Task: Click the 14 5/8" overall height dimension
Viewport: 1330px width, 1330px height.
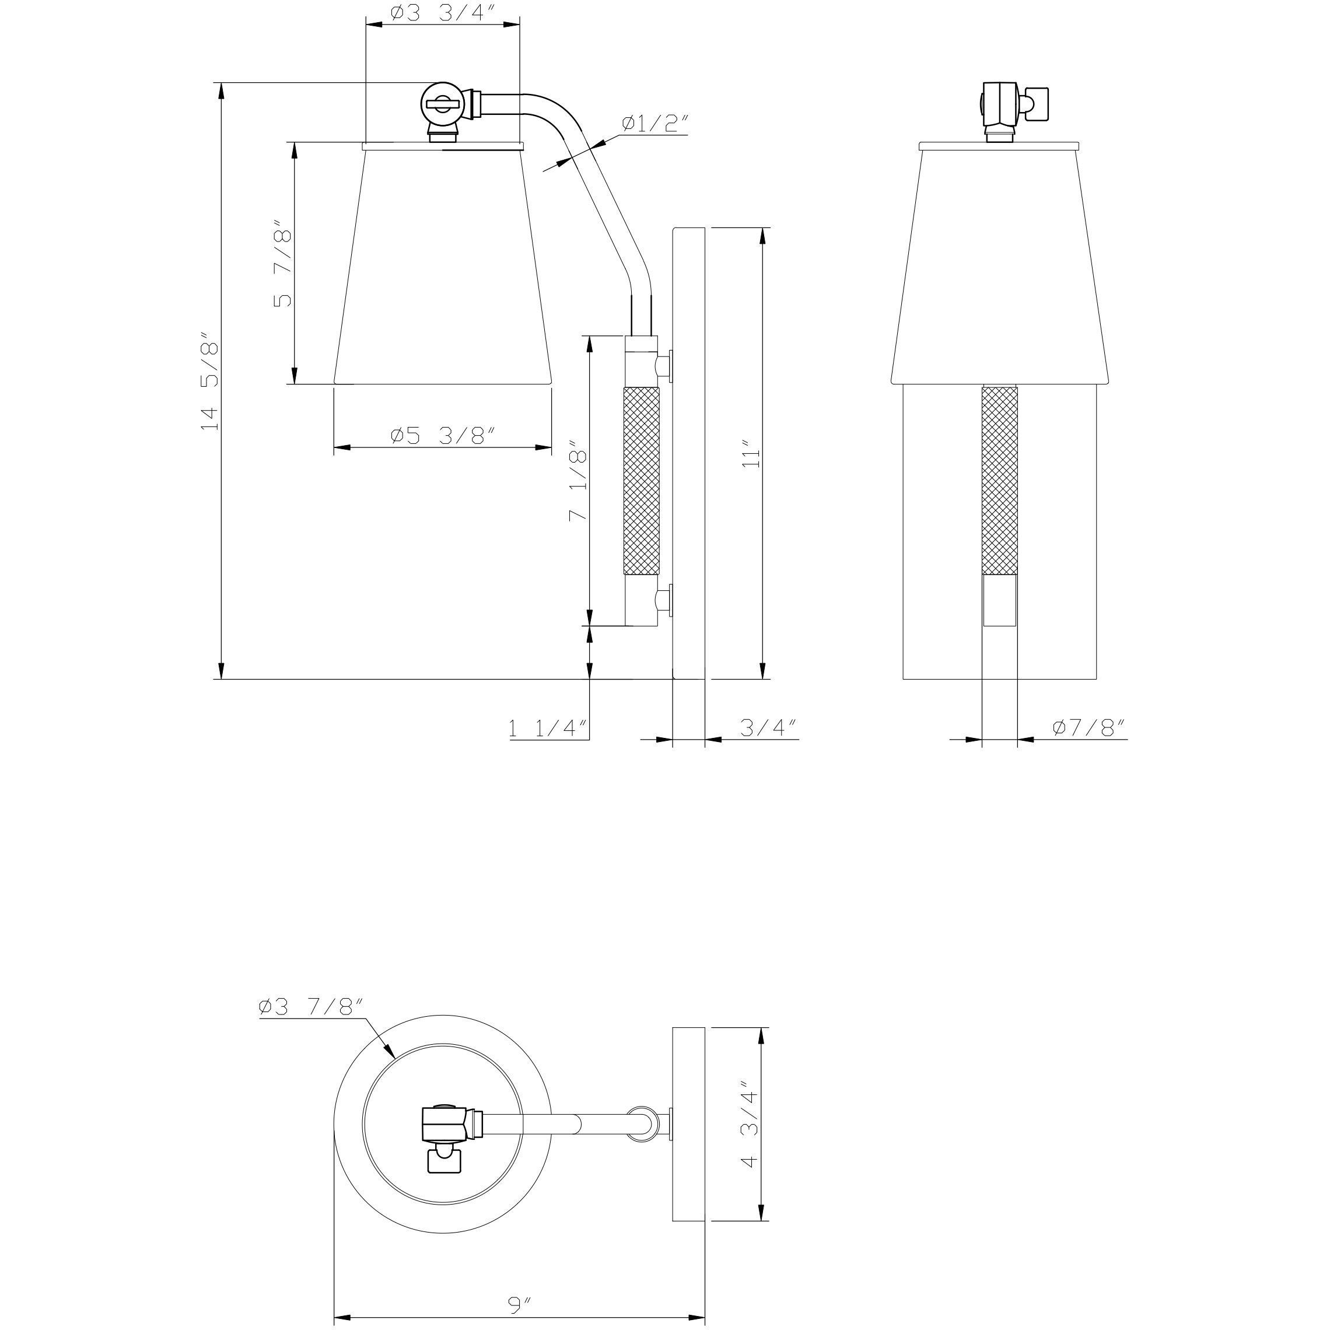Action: [209, 386]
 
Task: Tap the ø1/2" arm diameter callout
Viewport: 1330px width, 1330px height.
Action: [654, 124]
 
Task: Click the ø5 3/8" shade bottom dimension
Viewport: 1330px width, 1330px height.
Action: [443, 436]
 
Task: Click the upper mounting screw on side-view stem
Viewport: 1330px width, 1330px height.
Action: [666, 363]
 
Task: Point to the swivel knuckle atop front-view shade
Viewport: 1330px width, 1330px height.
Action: [1000, 110]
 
